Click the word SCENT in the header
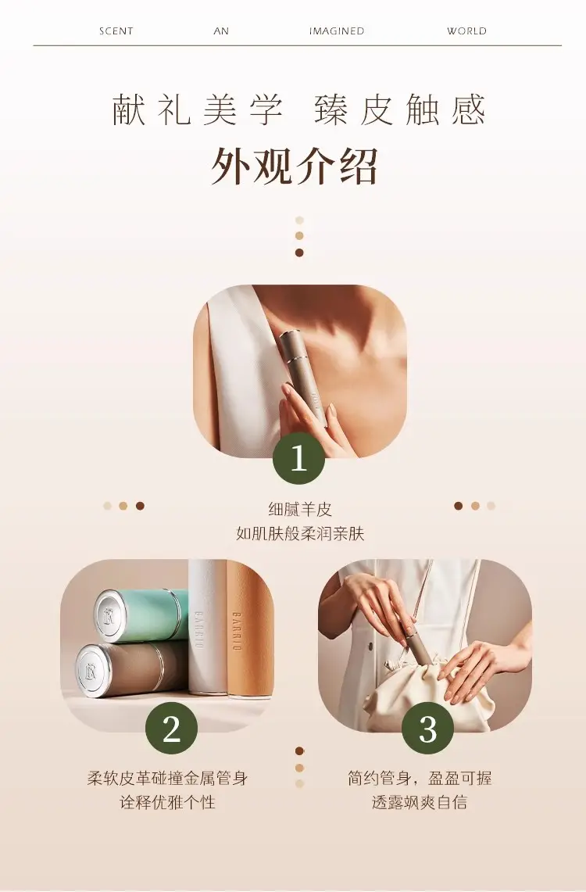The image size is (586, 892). pos(116,31)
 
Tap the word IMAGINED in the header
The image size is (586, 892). pos(337,31)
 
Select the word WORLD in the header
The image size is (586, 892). pos(466,31)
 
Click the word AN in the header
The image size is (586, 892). pos(221,31)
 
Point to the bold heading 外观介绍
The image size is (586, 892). pos(295,166)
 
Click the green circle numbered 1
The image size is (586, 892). pos(299,458)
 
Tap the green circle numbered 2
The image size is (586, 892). pos(172,728)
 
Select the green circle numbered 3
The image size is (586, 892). pos(428,728)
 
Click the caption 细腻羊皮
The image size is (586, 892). pos(299,509)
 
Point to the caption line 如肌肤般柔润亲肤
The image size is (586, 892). pos(299,534)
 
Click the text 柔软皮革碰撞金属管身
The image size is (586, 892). pos(168,778)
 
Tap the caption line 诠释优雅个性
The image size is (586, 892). pos(168,802)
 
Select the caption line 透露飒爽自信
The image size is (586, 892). pos(420,802)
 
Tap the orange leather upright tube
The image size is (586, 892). pos(250,632)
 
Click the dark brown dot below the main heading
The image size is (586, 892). pos(299,253)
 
